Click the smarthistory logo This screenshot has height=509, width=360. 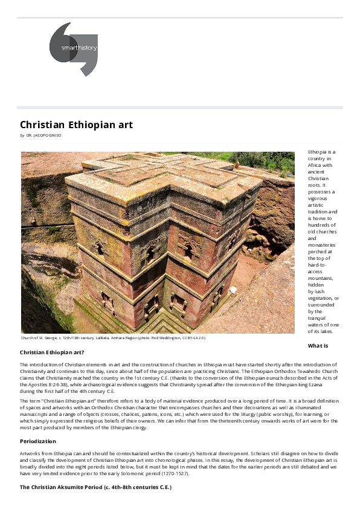[x=73, y=50]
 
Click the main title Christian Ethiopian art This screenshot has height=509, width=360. [x=76, y=125]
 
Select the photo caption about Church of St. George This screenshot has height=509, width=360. [x=112, y=337]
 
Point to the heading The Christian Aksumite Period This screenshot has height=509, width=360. [x=95, y=487]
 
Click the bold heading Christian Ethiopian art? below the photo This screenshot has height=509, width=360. [x=52, y=352]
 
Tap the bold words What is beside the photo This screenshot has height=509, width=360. [x=318, y=345]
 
